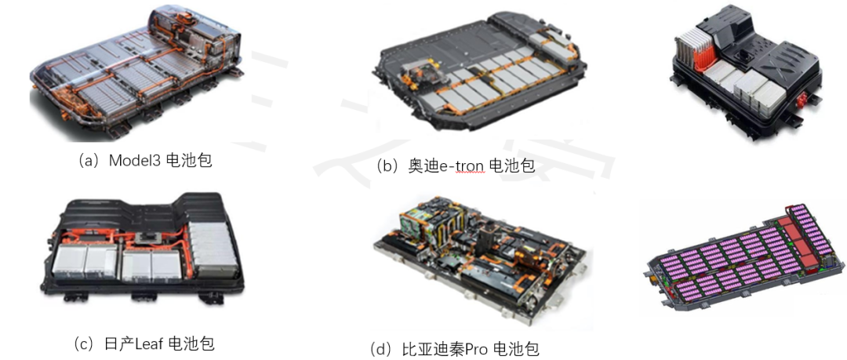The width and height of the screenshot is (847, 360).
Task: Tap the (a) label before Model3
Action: pos(89,161)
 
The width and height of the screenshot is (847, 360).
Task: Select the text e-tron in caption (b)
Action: pos(461,165)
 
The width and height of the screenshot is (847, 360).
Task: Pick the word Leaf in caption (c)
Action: pos(149,344)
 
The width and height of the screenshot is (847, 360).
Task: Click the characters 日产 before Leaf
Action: pos(119,344)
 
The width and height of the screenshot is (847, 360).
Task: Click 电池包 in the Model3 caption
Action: pos(188,160)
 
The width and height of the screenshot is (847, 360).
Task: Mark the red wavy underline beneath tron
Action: pos(469,173)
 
